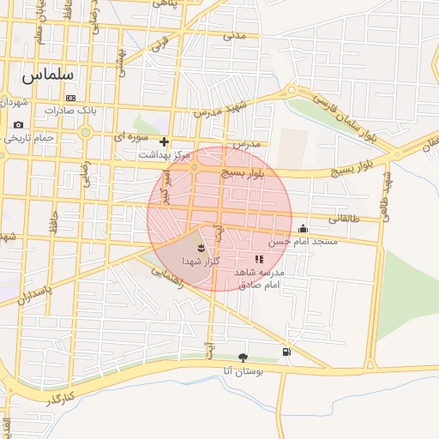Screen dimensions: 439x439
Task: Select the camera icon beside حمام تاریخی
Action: tap(18, 125)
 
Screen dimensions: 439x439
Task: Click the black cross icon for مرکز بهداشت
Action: tap(164, 141)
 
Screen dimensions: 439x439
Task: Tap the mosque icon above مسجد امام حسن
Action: tap(303, 228)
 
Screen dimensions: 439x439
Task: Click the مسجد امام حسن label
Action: tap(303, 242)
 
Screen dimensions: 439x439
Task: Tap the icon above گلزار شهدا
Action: tap(201, 247)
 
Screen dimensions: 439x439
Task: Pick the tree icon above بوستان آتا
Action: tap(243, 358)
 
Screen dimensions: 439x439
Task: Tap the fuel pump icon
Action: tap(286, 352)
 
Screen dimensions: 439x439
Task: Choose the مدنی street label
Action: tap(233, 36)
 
